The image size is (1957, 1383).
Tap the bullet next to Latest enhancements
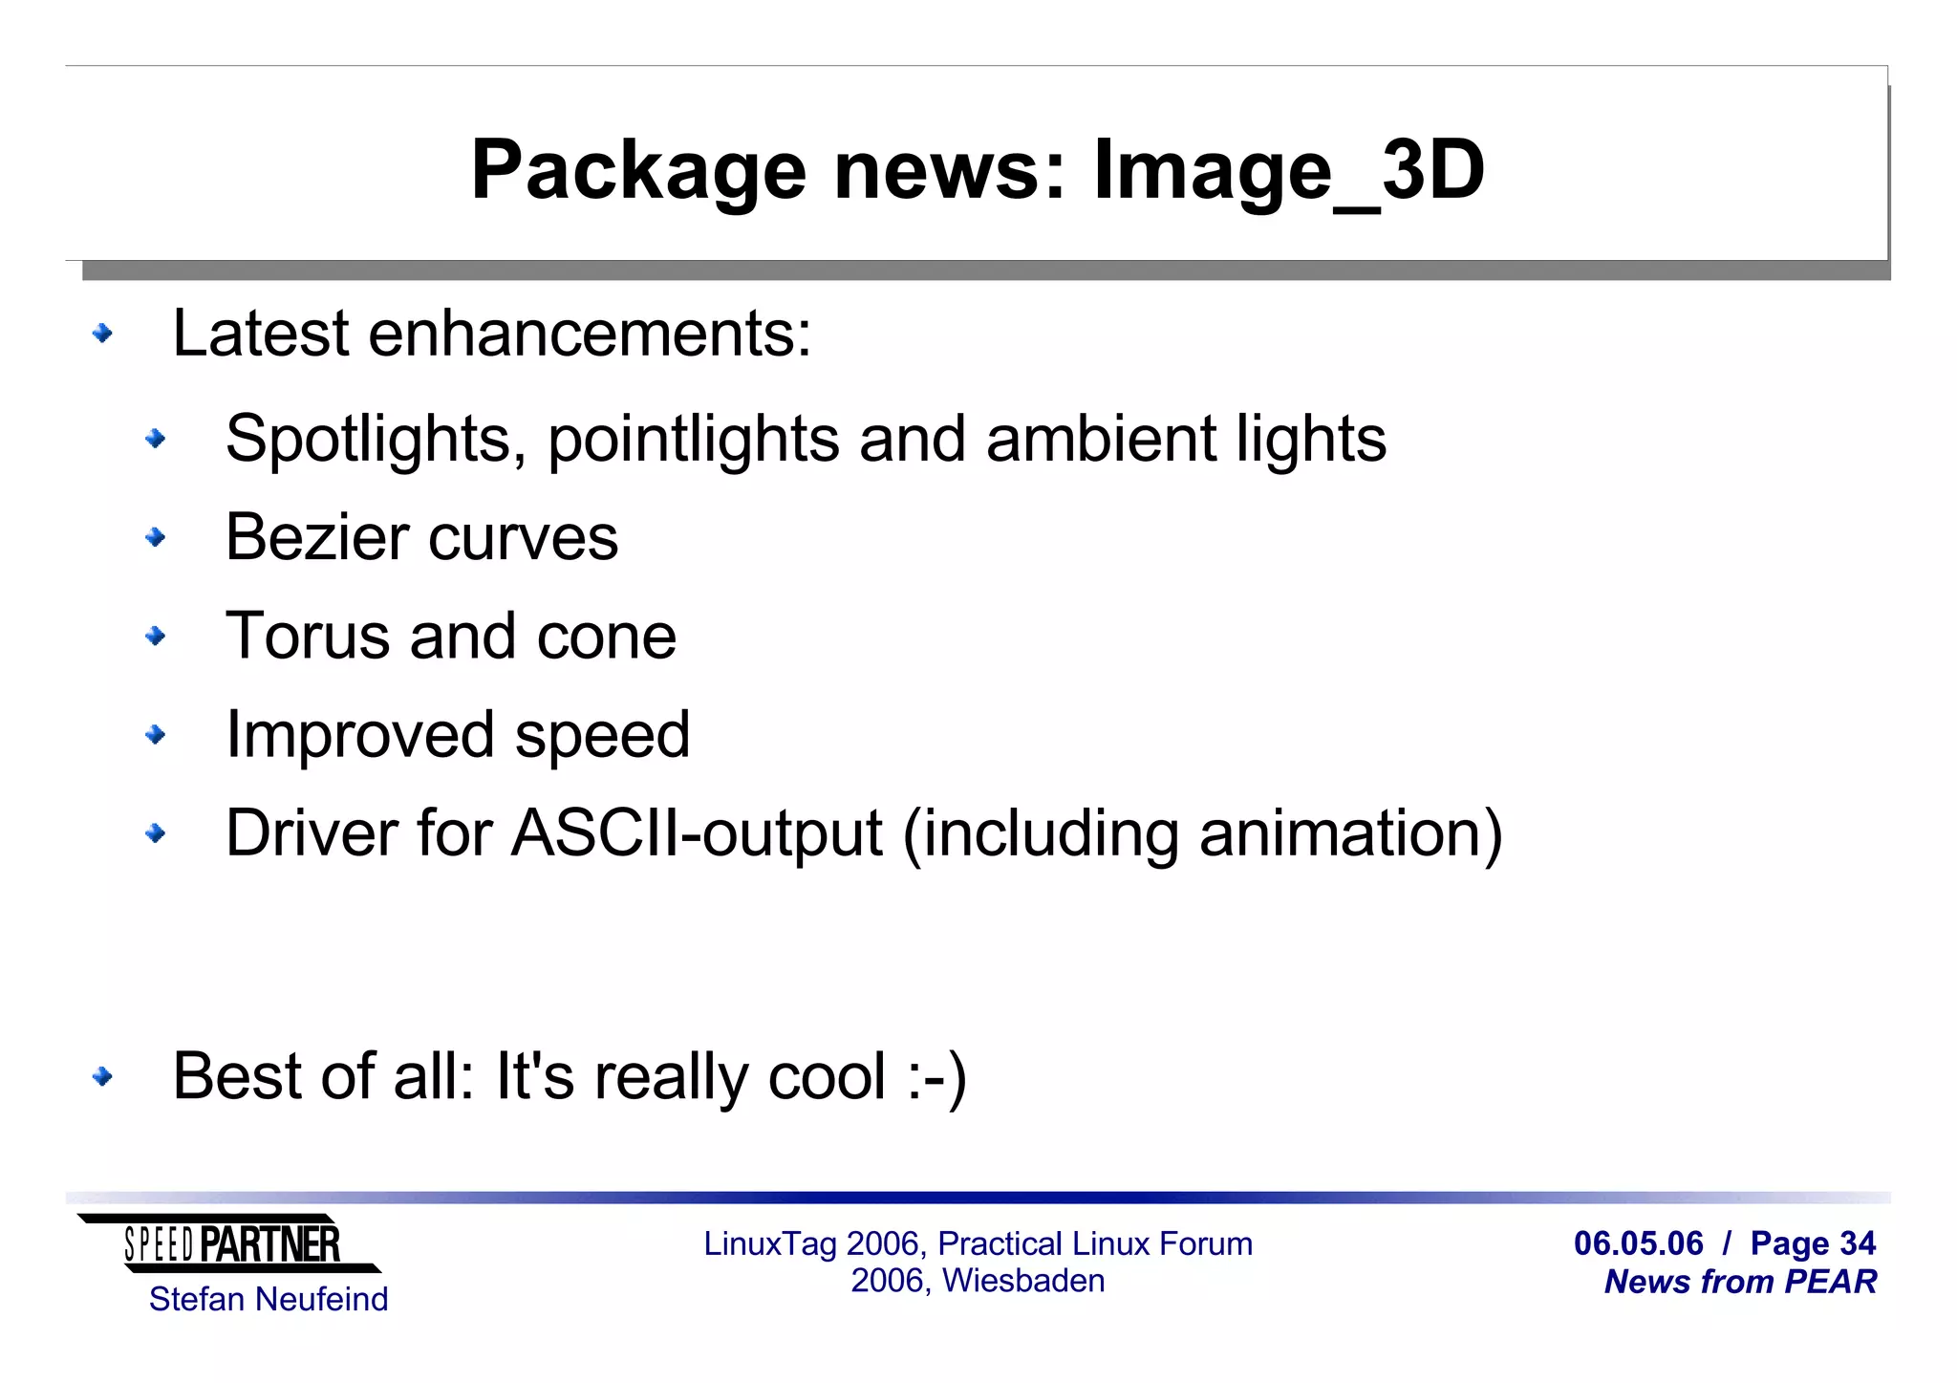click(102, 334)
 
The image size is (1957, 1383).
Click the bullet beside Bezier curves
click(155, 538)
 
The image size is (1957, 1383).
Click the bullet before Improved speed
click(155, 735)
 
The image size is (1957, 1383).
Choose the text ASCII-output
click(697, 833)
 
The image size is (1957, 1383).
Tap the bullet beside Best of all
click(102, 1077)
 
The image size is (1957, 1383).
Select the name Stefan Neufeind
click(269, 1300)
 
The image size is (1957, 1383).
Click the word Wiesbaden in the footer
click(1023, 1281)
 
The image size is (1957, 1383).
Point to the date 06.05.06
click(1638, 1243)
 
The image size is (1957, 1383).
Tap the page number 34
click(1857, 1243)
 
